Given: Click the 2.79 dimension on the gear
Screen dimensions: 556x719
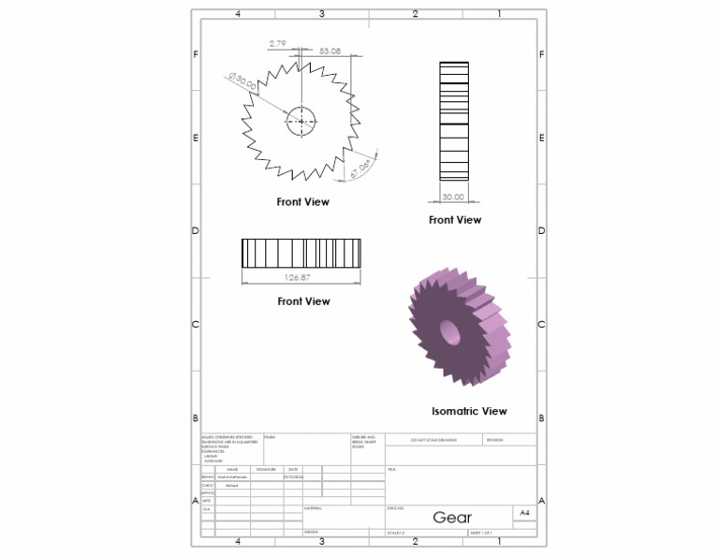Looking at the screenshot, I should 278,44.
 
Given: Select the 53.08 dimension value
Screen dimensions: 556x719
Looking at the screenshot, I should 330,51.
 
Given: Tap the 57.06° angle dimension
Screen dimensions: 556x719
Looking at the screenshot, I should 361,168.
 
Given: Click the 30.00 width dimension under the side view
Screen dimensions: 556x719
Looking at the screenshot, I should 454,197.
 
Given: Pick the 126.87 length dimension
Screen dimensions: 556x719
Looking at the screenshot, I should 301,277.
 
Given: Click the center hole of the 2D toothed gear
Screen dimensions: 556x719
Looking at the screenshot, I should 301,120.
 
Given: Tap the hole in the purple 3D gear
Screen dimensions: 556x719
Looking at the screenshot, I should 448,331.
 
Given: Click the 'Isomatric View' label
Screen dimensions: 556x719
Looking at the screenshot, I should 469,411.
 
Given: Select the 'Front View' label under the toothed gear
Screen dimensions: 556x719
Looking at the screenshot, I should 302,201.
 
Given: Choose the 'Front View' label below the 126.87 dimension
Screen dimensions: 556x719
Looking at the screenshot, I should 304,301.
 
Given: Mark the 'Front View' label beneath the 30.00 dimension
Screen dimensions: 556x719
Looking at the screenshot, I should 455,220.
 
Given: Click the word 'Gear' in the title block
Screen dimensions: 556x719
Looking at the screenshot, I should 452,518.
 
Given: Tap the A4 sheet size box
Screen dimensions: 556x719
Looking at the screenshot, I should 524,513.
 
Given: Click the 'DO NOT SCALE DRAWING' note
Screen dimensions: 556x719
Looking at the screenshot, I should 433,438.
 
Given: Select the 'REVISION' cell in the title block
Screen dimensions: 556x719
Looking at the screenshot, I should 495,438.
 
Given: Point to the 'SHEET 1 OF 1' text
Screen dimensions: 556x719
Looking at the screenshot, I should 481,533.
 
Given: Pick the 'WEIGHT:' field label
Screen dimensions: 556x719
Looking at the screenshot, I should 312,533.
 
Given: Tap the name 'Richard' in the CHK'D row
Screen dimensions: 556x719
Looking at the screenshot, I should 231,485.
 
